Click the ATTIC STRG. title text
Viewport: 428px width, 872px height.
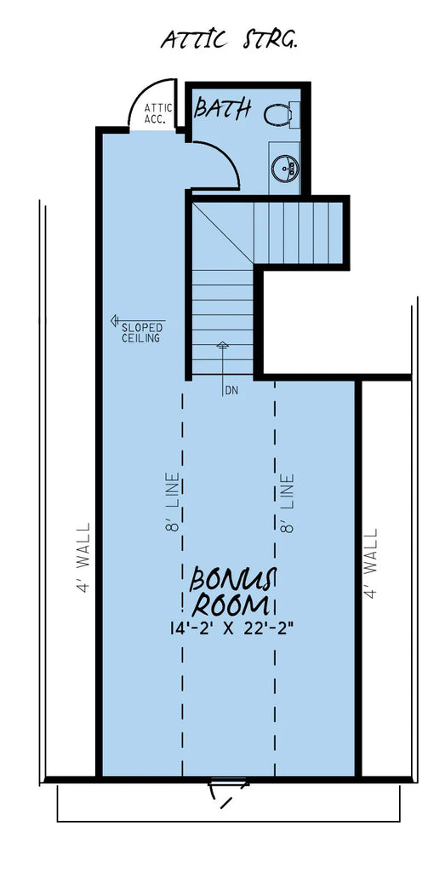tap(229, 39)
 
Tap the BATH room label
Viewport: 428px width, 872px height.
tap(224, 108)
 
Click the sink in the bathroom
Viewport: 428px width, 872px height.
tap(285, 167)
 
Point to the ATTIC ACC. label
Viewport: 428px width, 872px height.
tap(158, 112)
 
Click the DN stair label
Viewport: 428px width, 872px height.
tap(231, 391)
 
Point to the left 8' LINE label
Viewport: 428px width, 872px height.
tap(174, 502)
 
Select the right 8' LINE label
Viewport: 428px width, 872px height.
tap(288, 502)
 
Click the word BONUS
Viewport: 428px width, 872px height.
tap(230, 580)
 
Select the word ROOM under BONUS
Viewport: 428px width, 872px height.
tap(231, 606)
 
